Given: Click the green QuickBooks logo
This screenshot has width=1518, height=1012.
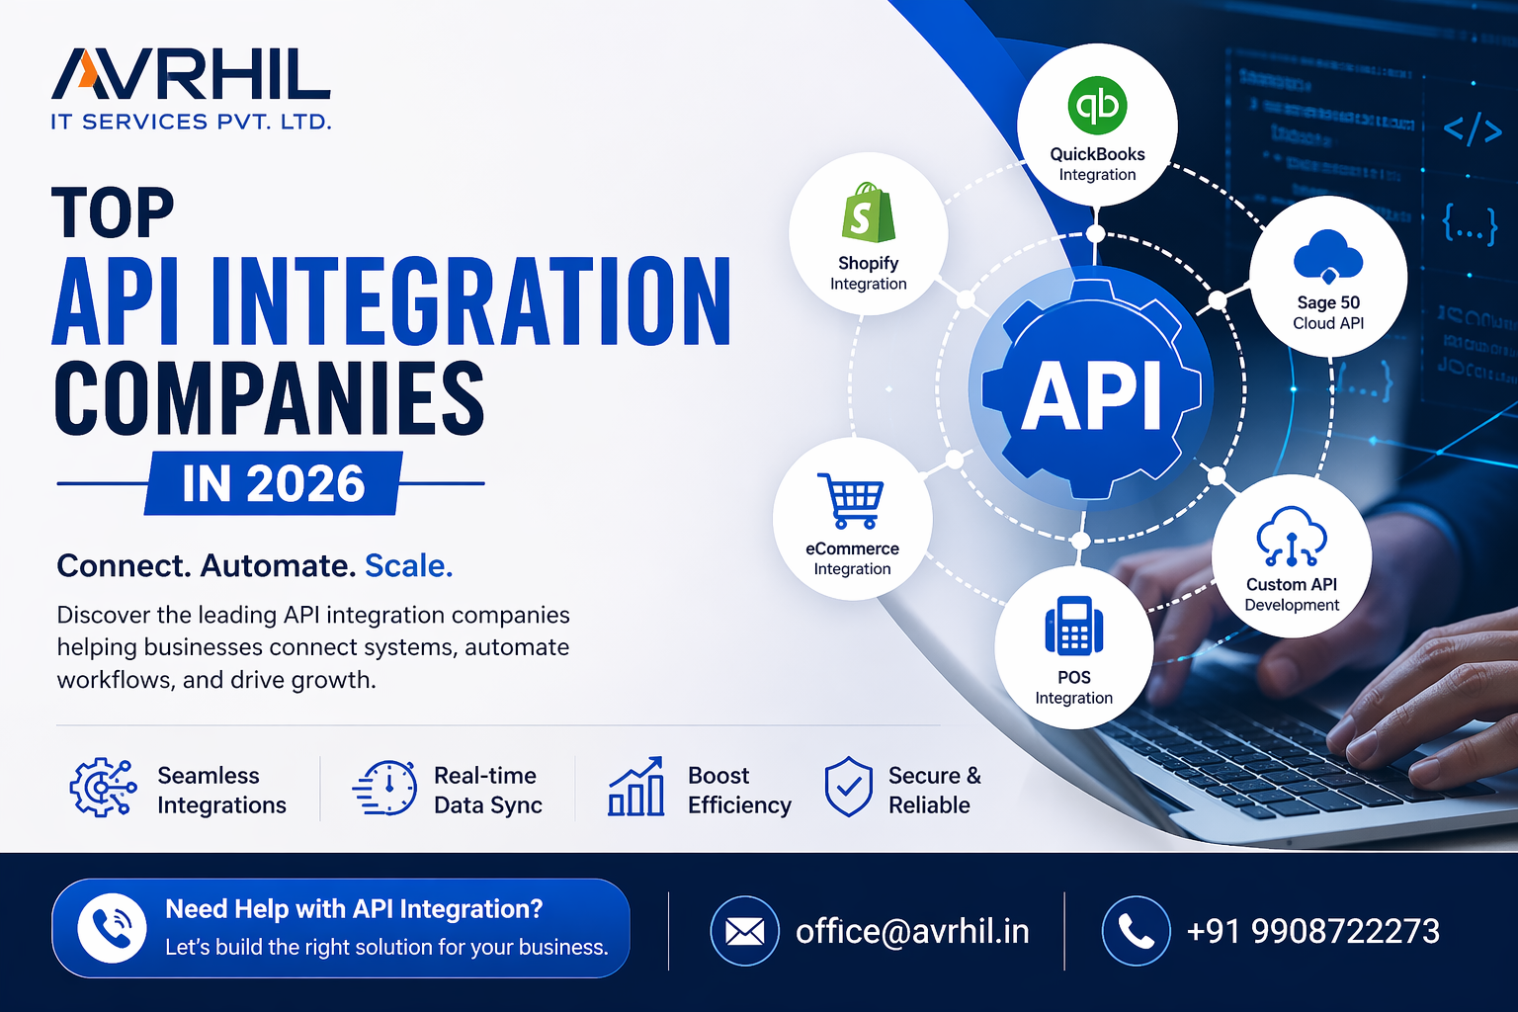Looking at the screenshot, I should [1097, 106].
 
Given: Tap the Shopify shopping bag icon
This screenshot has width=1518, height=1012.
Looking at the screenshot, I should [868, 212].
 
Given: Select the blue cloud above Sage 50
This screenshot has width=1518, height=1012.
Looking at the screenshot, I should [1328, 255].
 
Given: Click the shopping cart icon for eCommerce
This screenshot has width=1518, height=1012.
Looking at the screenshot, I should [850, 500].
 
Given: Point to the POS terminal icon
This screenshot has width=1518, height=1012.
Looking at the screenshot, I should [1073, 627].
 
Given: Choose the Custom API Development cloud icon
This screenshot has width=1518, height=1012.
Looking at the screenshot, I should [1291, 537].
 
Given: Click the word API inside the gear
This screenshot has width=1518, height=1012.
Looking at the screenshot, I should [1091, 395].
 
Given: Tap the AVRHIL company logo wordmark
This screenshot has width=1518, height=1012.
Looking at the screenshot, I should [191, 75].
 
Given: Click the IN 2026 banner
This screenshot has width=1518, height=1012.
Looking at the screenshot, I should [274, 483].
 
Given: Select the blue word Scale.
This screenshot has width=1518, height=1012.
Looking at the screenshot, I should [408, 565].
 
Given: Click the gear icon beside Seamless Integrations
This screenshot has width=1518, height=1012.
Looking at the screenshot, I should [102, 788].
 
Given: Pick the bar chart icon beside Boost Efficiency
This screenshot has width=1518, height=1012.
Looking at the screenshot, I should [635, 788].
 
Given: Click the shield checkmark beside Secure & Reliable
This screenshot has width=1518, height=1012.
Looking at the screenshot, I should [848, 788].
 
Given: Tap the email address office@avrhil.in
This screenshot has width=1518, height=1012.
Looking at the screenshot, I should [912, 931].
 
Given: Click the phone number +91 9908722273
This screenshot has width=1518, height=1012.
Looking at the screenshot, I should [1312, 931].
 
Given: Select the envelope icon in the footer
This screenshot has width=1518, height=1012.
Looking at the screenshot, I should [744, 931].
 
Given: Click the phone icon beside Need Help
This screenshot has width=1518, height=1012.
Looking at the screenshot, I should [112, 928].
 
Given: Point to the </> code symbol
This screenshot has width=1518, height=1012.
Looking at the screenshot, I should [1472, 129].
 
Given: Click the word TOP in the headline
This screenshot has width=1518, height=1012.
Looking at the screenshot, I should [113, 213].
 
